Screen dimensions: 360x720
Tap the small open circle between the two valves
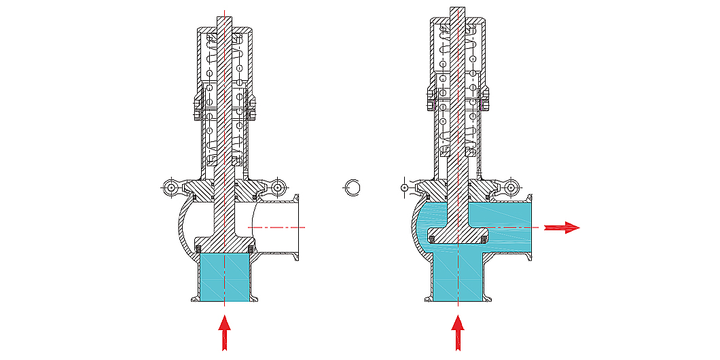click(353, 187)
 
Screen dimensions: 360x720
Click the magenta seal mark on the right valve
click(482, 105)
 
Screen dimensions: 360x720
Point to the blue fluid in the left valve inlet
click(224, 278)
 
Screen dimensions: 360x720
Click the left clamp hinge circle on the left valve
click(170, 187)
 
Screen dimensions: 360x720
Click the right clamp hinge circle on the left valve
click(277, 187)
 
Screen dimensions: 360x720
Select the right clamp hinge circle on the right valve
click(511, 187)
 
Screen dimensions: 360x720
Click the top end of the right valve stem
click(458, 10)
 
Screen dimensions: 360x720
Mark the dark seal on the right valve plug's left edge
click(431, 236)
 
